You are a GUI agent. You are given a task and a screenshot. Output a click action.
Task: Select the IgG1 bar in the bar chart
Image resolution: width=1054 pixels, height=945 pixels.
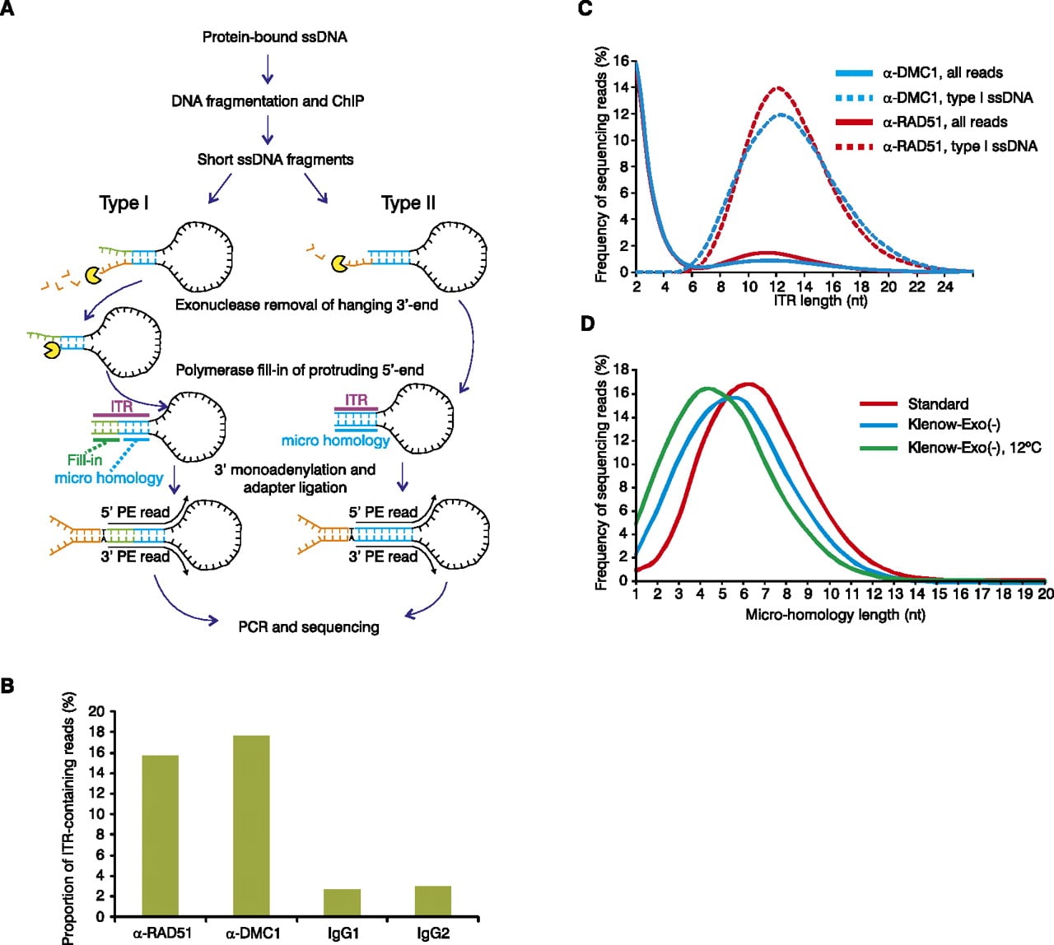342,903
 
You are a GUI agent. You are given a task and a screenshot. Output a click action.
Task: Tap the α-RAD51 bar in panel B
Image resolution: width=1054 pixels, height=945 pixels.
161,836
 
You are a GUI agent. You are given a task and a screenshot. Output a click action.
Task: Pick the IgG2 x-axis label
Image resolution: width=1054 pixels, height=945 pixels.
433,933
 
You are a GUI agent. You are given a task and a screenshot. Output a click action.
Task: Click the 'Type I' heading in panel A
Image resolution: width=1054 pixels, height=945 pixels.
124,202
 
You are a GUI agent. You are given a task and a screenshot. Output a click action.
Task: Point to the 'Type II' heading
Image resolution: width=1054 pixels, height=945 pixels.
408,202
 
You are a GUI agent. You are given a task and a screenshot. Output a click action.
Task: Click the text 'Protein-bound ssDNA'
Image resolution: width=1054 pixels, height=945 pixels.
275,37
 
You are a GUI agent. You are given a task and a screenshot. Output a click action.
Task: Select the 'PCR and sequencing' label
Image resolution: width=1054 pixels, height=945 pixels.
309,627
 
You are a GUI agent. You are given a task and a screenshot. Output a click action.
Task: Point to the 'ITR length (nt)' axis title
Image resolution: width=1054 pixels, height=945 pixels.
820,300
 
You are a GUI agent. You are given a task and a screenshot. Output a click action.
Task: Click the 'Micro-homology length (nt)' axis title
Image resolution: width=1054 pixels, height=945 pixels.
836,615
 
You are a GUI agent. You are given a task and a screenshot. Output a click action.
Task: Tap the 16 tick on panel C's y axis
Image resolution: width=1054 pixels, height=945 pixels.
622,62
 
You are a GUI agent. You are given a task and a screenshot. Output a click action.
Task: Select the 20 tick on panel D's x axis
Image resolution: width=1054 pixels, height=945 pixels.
1045,594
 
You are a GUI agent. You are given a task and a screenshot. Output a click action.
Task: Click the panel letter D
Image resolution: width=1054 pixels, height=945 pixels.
587,324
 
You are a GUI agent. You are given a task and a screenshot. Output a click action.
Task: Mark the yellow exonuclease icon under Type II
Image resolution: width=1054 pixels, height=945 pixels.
340,263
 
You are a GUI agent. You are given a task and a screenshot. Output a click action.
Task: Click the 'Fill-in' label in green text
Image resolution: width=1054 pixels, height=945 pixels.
85,460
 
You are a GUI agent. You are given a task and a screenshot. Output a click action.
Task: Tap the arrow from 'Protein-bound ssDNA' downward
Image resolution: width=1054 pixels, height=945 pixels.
268,69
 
